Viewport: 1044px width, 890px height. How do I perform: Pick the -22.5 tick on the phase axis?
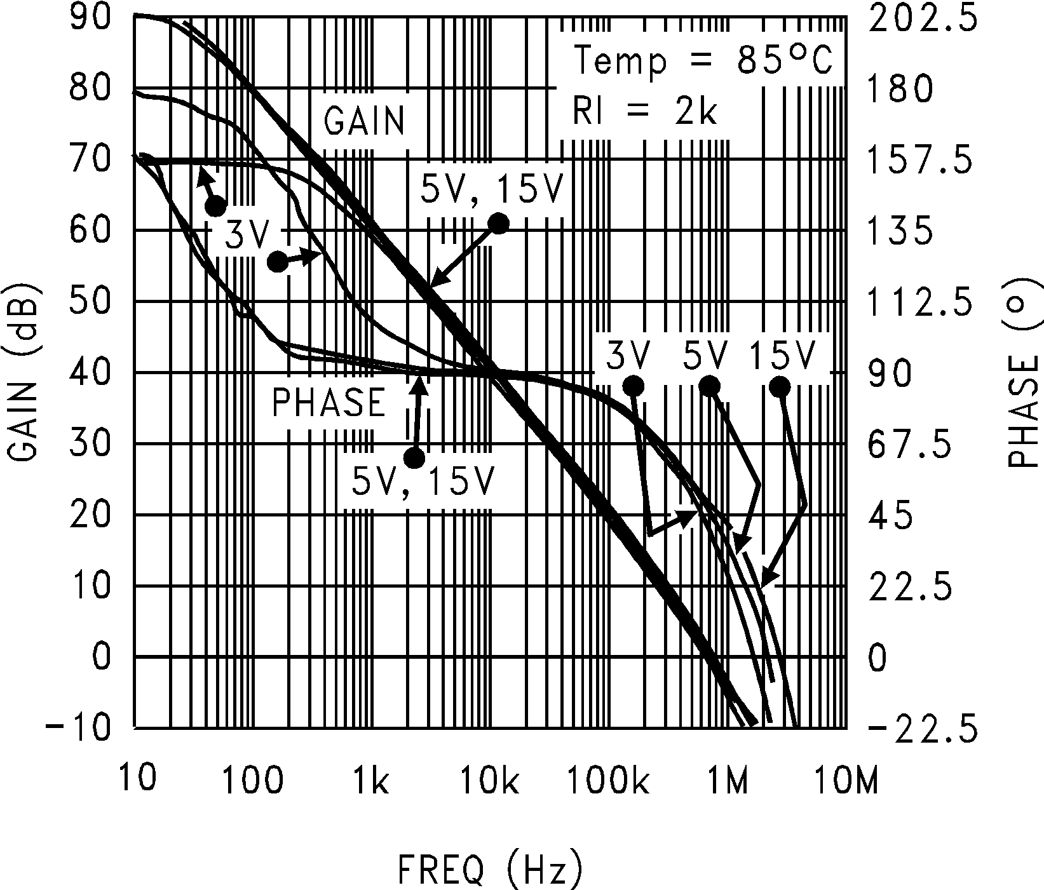pos(921,727)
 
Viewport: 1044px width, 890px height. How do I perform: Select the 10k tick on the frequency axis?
pos(489,780)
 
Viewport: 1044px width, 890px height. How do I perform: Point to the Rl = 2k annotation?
pos(645,112)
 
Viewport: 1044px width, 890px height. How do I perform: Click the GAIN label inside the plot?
pos(365,121)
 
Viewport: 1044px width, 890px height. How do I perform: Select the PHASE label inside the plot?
pos(329,403)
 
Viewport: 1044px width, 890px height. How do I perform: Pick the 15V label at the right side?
pos(782,356)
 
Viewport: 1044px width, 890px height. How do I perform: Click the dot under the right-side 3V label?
pos(634,386)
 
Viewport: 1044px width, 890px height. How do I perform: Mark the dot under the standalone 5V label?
pos(709,386)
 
